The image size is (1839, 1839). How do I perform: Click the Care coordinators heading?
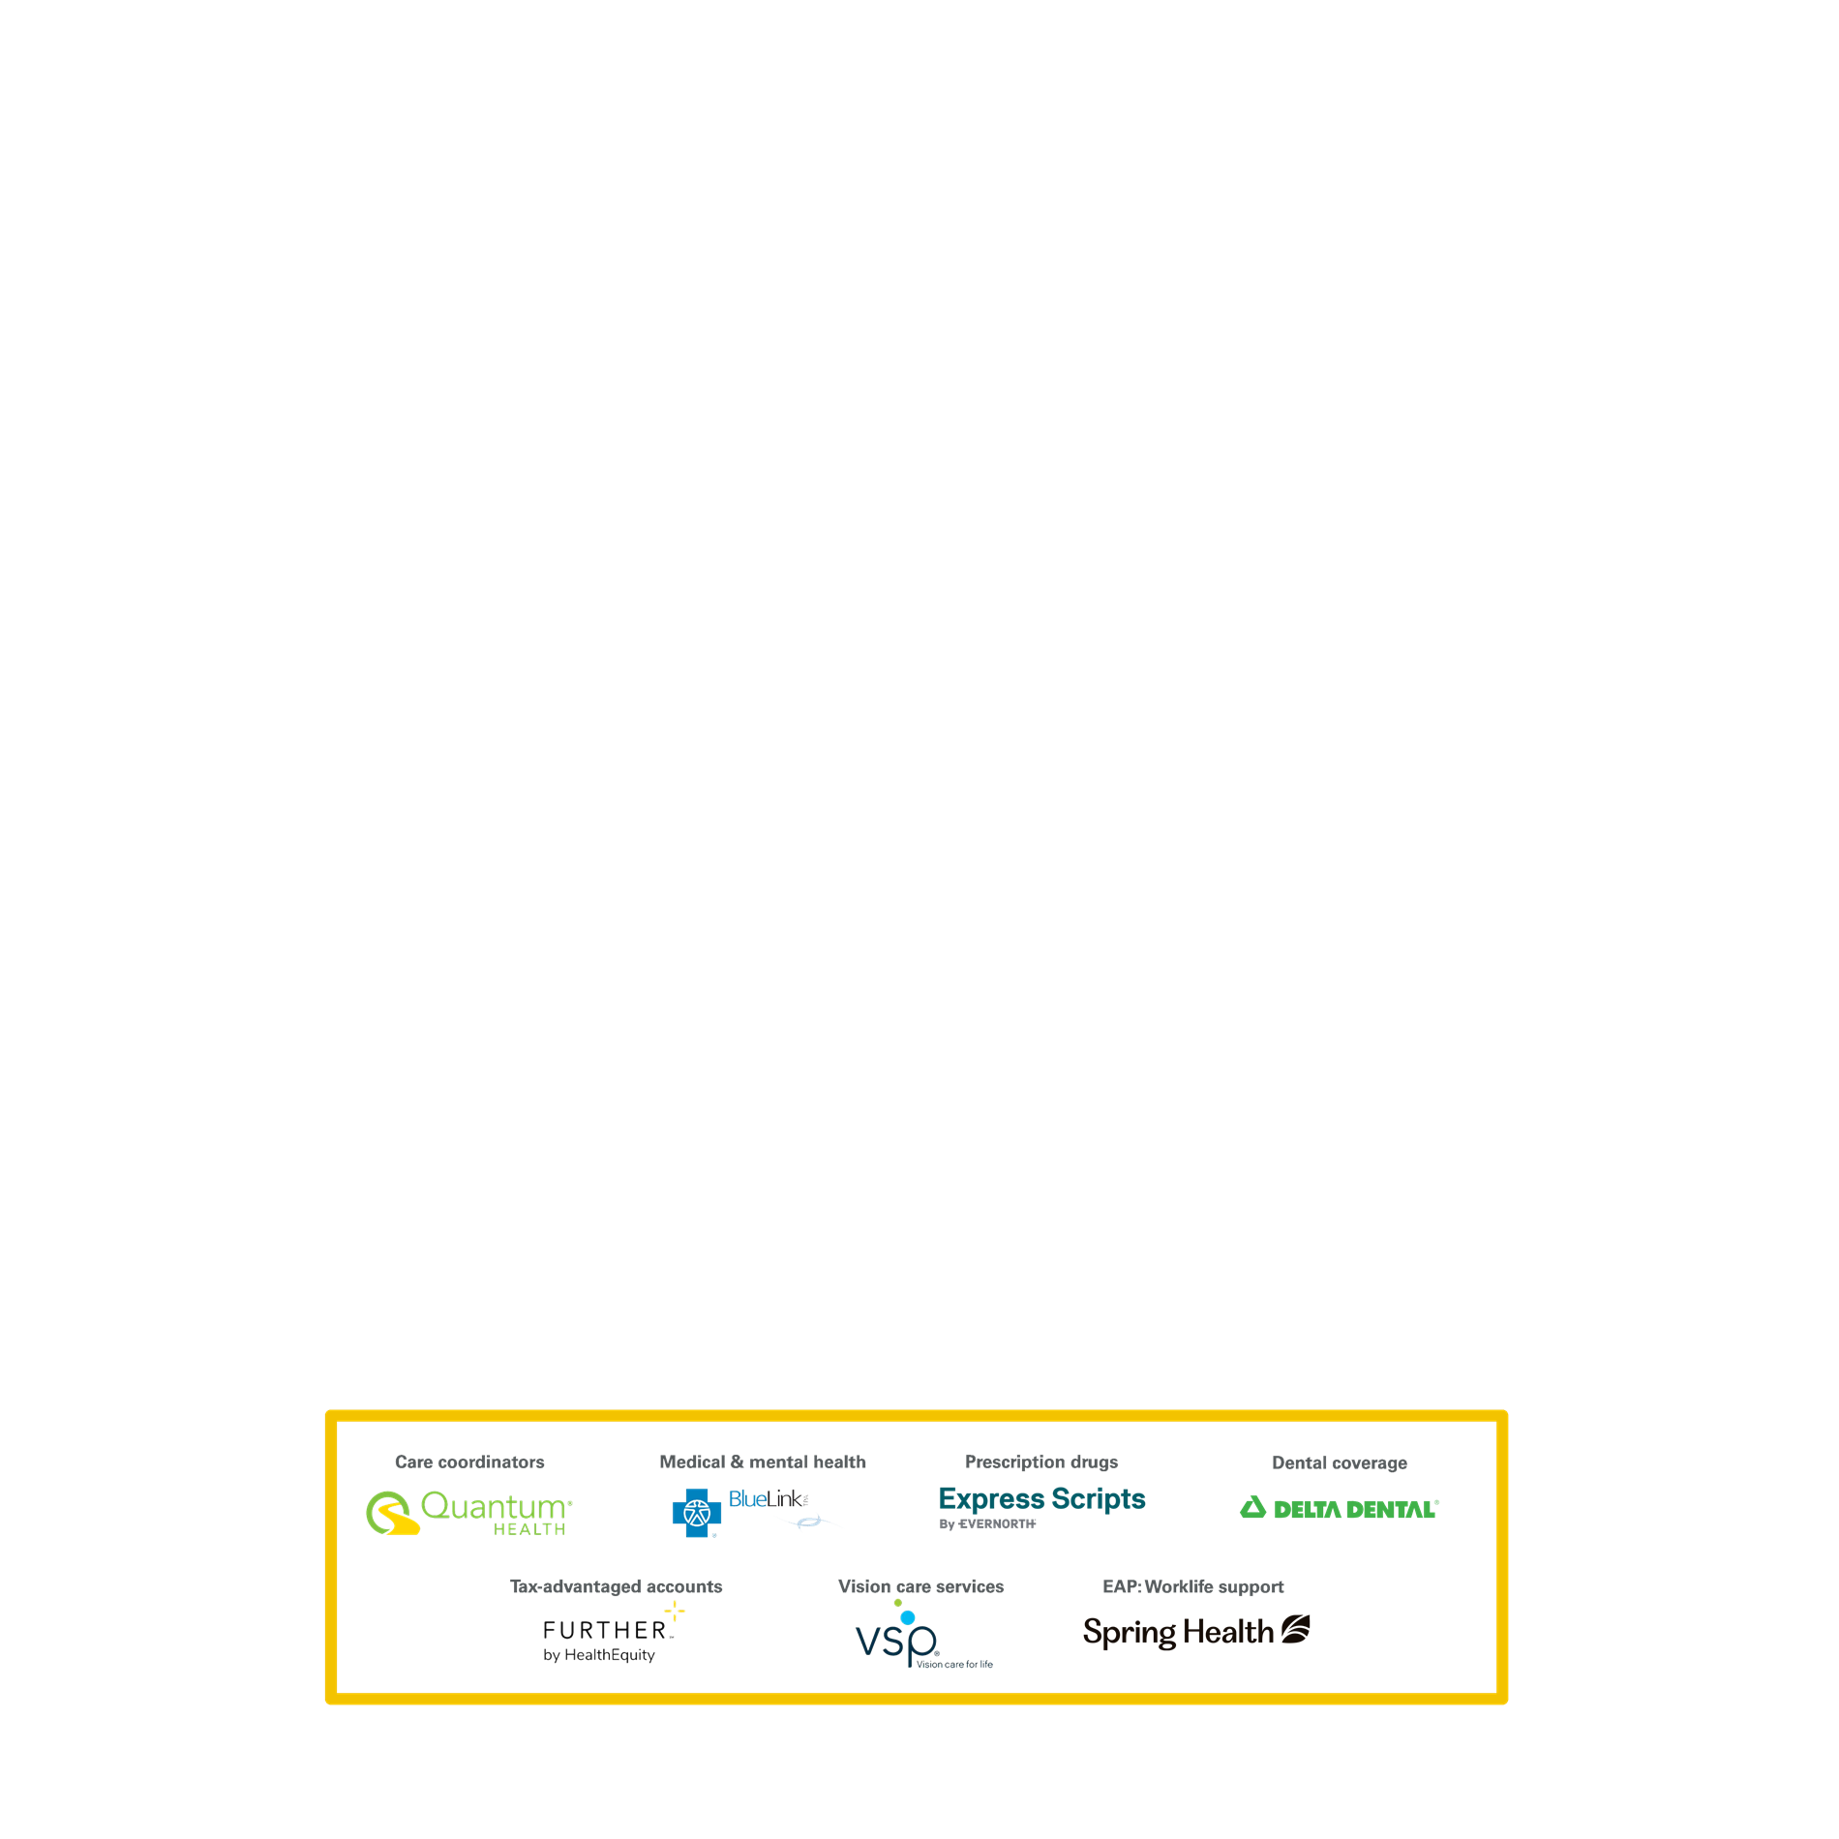click(469, 1462)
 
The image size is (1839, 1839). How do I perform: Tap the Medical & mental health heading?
click(763, 1462)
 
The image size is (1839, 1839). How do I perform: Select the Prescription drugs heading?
click(1041, 1462)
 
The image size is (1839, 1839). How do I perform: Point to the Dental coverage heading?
click(1340, 1462)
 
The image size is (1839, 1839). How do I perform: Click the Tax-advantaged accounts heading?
click(617, 1586)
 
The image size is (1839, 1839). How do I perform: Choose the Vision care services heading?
click(921, 1586)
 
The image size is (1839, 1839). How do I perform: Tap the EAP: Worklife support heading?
click(1193, 1586)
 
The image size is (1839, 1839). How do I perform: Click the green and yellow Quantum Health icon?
click(392, 1513)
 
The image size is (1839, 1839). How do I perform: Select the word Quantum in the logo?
click(494, 1507)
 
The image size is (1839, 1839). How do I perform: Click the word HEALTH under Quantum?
click(529, 1529)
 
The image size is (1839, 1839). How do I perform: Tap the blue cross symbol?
click(697, 1513)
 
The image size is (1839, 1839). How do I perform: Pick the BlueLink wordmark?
click(766, 1499)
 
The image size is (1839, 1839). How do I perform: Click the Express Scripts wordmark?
click(1042, 1499)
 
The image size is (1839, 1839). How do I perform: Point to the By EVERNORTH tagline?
click(987, 1523)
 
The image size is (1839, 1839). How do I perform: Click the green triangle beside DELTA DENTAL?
click(1253, 1507)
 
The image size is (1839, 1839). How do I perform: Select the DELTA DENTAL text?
click(1355, 1509)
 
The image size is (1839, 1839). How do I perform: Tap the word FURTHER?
click(605, 1631)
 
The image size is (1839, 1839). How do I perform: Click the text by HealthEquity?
click(599, 1655)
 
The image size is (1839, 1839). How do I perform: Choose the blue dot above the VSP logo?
click(908, 1617)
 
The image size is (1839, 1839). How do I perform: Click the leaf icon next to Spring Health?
click(1296, 1630)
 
